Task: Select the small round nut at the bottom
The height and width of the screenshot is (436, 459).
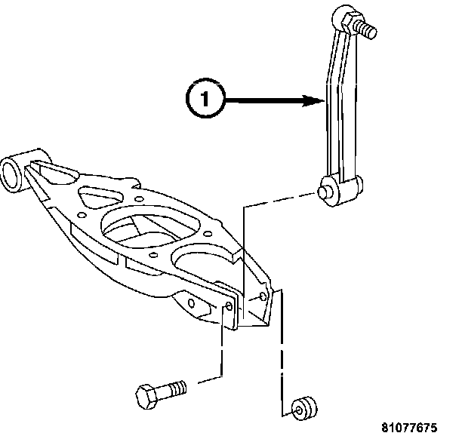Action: [304, 407]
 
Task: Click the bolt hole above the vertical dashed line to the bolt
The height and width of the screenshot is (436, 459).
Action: [228, 306]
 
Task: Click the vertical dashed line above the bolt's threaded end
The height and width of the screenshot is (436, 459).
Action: [221, 347]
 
